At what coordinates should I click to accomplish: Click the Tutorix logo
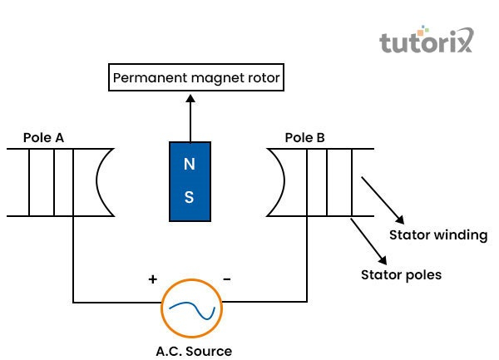point(426,41)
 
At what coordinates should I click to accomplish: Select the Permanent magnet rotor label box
point(196,79)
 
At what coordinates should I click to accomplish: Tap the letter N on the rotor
point(190,163)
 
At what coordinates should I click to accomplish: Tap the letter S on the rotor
point(190,197)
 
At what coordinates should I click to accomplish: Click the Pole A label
point(43,137)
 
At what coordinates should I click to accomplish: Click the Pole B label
point(304,137)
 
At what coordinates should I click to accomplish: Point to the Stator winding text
point(438,235)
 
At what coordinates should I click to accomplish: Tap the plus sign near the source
point(153,279)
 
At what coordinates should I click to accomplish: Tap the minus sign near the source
point(227,279)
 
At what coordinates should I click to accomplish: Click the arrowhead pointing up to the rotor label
point(190,97)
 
